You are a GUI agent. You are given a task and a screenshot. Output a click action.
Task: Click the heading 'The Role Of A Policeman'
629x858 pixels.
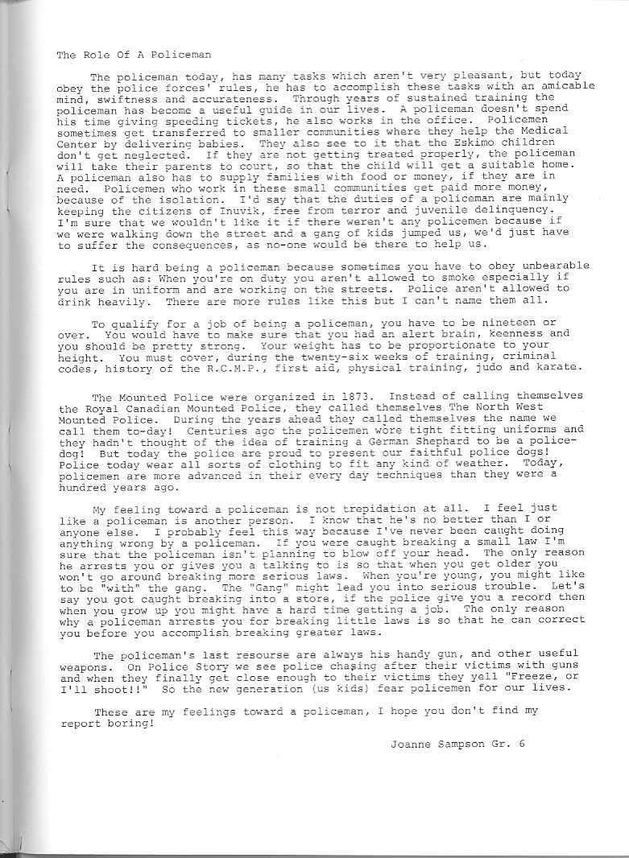click(134, 55)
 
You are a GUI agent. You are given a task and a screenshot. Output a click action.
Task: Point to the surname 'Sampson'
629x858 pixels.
click(457, 744)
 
